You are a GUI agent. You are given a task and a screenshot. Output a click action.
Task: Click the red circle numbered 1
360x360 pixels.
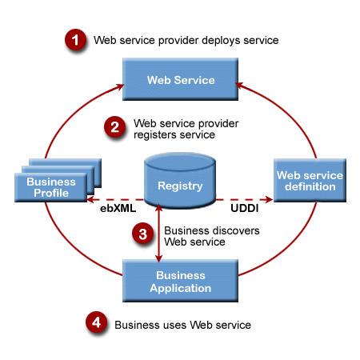point(75,40)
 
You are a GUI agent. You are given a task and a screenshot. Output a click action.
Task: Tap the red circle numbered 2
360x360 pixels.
point(114,126)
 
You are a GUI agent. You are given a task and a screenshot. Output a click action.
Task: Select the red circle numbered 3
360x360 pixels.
point(143,234)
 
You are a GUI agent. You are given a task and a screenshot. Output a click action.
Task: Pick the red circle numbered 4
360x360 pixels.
point(96,322)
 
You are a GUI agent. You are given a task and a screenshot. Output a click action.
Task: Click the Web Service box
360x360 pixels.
point(180,79)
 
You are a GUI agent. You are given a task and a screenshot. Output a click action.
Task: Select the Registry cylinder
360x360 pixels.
point(180,180)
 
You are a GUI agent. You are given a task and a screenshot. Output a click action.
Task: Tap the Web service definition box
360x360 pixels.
point(310,180)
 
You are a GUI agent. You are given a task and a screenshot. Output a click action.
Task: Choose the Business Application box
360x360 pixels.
point(180,281)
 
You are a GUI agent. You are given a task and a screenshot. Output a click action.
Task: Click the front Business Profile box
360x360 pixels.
point(51,187)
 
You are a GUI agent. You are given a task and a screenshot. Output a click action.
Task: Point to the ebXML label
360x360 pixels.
point(118,208)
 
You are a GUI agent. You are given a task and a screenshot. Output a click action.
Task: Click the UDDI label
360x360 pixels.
point(245,208)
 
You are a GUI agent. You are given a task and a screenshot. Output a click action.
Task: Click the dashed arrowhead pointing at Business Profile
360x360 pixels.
point(90,199)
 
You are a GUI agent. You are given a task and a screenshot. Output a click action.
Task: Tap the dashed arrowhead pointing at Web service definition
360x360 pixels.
point(269,199)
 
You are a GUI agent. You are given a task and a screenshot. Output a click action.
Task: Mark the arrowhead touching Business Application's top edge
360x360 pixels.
point(159,258)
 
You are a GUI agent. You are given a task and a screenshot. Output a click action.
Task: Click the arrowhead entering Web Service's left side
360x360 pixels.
point(120,86)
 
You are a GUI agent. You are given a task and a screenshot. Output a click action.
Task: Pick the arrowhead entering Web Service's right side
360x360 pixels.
point(239,85)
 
